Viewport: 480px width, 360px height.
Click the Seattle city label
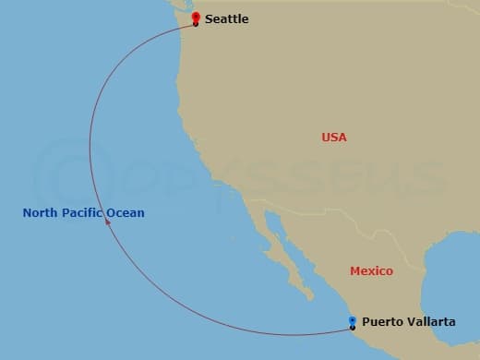(x=226, y=18)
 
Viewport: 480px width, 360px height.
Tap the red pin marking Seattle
(x=195, y=18)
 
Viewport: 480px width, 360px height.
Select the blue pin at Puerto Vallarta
(x=353, y=321)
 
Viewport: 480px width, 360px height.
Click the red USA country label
(x=334, y=137)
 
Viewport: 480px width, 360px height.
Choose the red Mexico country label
(x=371, y=270)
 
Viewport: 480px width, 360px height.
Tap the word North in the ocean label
(x=40, y=213)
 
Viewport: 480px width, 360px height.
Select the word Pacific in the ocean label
(x=81, y=213)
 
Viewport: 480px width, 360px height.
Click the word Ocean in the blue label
(x=126, y=213)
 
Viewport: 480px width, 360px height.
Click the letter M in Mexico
(x=355, y=270)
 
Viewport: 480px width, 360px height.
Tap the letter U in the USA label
(x=326, y=137)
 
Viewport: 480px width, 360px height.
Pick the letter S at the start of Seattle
(x=210, y=18)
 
